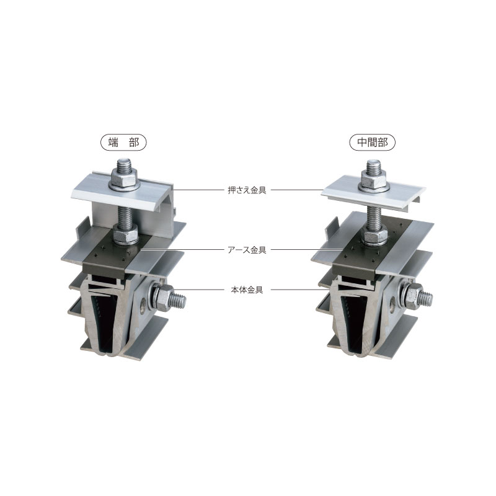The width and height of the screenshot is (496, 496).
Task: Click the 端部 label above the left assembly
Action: click(123, 143)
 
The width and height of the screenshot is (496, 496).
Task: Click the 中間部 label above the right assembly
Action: click(373, 143)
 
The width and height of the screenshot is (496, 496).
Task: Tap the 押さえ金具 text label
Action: click(247, 190)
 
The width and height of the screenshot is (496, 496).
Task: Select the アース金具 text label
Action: click(247, 250)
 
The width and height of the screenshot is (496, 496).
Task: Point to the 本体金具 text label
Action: click(247, 290)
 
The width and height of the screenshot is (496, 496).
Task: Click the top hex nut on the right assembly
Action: click(374, 180)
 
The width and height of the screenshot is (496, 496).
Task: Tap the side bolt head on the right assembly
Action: click(413, 296)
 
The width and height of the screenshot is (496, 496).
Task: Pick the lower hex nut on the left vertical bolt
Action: click(125, 234)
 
